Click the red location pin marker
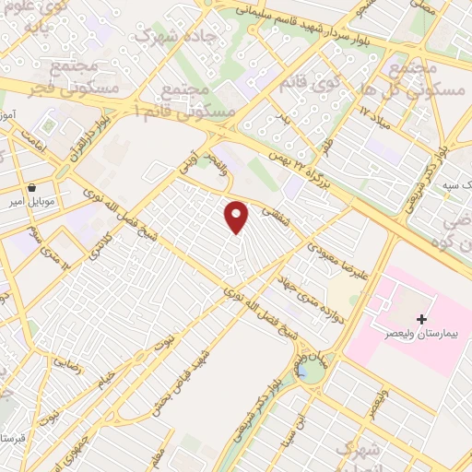[237, 216]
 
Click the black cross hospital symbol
[422, 319]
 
